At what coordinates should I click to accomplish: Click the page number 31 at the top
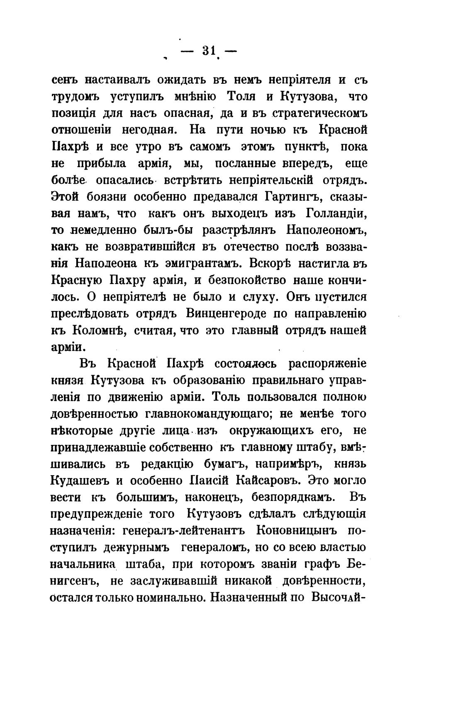[x=209, y=51]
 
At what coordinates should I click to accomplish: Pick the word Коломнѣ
[x=98, y=331]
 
